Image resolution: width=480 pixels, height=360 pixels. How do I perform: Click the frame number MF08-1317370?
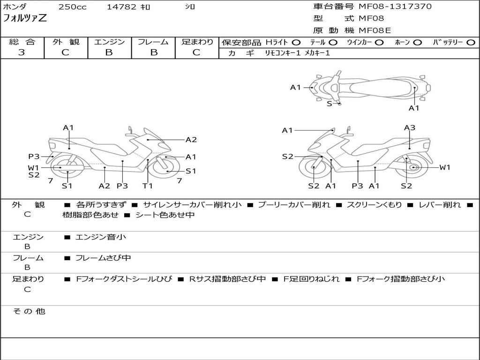395,7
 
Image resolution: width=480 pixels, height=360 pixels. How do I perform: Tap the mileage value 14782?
121,7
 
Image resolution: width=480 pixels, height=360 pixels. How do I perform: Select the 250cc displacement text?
73,7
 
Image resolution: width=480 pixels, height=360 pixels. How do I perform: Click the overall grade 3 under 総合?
22,52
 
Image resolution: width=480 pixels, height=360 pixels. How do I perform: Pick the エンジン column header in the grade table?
109,42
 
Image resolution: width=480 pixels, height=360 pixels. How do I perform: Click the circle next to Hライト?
296,43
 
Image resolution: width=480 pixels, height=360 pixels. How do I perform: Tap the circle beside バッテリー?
471,43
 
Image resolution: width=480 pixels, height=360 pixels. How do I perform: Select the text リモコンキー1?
283,53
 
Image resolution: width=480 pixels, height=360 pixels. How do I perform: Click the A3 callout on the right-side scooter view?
410,127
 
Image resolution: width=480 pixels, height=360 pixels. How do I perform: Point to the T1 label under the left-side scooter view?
148,186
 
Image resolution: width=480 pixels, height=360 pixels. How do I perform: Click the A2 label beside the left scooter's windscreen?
191,140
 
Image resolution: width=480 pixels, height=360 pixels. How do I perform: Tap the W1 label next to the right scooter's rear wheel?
445,167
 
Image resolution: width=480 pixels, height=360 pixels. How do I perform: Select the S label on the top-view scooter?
330,104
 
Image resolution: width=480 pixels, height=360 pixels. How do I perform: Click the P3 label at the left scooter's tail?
34,157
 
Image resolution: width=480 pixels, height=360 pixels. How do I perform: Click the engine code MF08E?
375,30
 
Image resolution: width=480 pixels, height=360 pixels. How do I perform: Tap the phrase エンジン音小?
101,237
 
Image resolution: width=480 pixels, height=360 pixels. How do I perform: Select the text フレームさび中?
103,258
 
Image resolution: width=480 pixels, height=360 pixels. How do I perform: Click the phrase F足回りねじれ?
311,279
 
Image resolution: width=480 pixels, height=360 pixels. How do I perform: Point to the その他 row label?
29,311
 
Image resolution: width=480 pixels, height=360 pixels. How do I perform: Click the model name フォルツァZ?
25,18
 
